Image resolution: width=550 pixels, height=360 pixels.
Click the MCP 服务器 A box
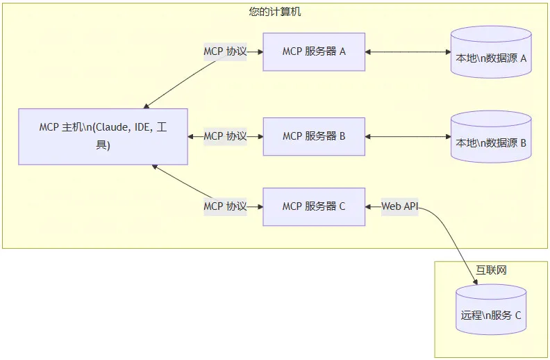[314, 51]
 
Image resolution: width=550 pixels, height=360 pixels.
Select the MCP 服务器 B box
[314, 136]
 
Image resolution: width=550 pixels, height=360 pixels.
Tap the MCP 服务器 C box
[314, 206]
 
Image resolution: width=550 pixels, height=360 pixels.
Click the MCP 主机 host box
[103, 136]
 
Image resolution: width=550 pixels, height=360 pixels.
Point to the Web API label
[400, 206]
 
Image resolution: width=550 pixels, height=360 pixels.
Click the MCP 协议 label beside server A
[225, 51]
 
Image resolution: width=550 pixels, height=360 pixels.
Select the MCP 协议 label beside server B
[225, 136]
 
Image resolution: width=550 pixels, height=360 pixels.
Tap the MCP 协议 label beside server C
[225, 206]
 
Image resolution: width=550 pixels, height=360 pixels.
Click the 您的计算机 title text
[275, 12]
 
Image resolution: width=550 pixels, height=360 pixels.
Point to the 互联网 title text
[491, 270]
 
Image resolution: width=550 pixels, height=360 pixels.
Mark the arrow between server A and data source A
[408, 51]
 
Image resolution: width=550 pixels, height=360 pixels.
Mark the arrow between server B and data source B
[408, 136]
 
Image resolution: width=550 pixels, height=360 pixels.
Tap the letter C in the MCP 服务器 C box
[342, 206]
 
